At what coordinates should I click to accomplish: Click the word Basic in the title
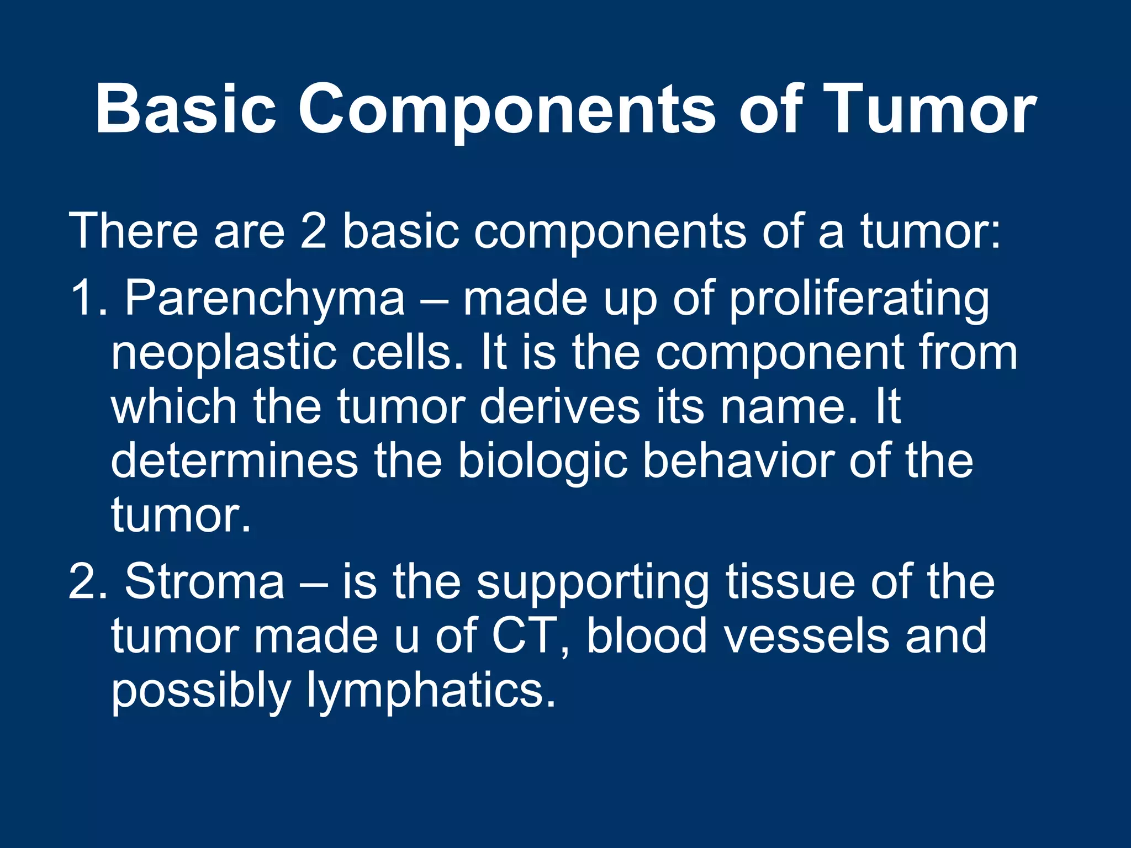pos(185,108)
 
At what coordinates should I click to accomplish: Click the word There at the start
pos(133,231)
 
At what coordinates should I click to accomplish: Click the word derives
pos(559,407)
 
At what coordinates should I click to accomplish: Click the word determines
pos(235,461)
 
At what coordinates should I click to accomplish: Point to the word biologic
pos(542,461)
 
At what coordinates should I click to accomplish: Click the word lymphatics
pos(431,691)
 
